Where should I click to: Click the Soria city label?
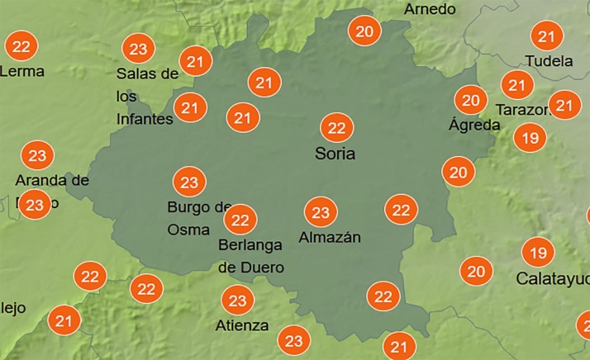pos(335,154)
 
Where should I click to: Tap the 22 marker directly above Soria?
pos(336,127)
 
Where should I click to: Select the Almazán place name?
pos(330,238)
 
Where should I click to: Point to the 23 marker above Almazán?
pos(320,212)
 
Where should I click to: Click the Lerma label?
pos(22,71)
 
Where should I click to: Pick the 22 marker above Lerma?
pos(21,45)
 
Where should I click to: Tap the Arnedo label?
pos(430,9)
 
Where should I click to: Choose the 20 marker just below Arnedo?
pos(364,32)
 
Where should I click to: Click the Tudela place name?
pos(549,61)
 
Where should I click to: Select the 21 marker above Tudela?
pos(545,36)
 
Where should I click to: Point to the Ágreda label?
pos(474,126)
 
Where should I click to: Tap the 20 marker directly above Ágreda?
pos(471,101)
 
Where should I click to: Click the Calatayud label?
pos(552,278)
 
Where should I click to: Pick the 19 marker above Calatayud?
pos(538,252)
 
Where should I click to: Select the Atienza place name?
pos(241,325)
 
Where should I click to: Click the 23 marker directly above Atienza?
pos(237,301)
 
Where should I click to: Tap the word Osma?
pos(188,229)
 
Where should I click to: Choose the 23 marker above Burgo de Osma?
pos(189,182)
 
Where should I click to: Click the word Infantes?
pos(145,119)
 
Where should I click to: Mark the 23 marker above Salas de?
pos(138,49)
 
